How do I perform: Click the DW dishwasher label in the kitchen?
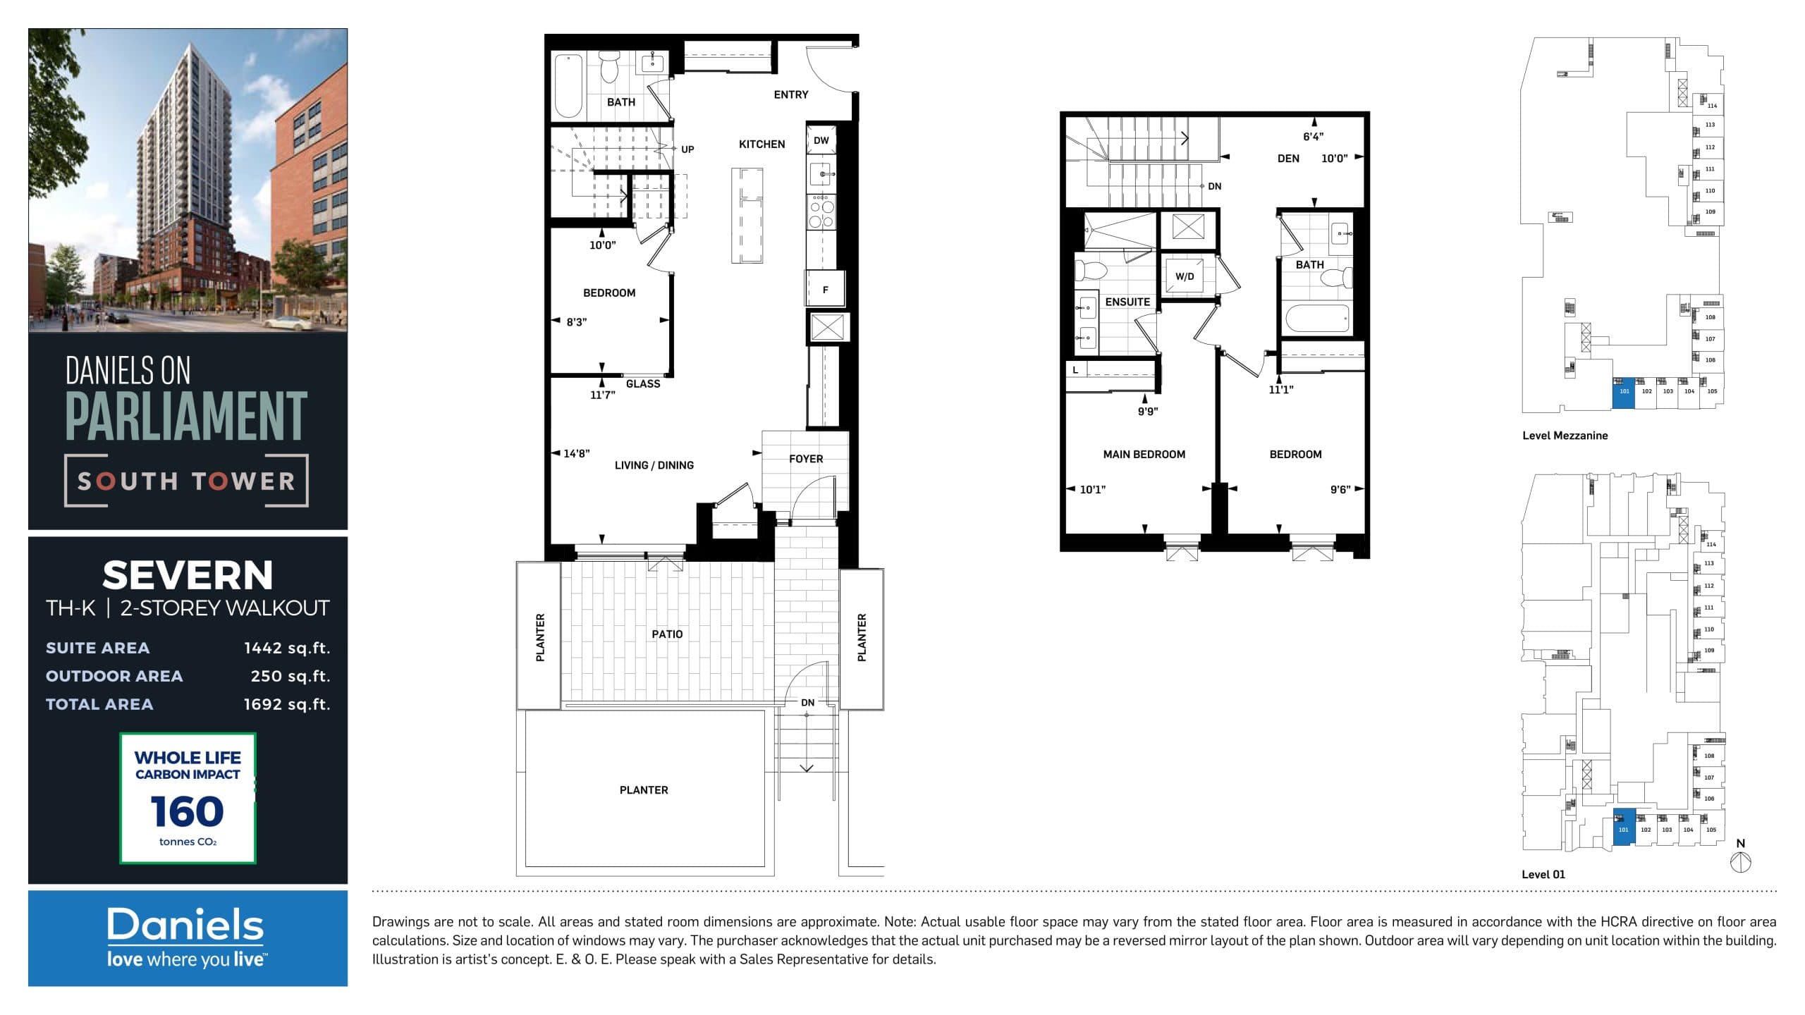tap(821, 140)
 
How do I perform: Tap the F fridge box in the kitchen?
tap(825, 289)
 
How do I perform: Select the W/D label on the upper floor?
tap(1185, 276)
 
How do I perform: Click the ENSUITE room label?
tap(1127, 302)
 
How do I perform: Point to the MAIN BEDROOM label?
tap(1144, 455)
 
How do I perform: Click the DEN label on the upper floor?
tap(1288, 159)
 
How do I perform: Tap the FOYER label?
tap(806, 459)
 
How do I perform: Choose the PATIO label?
tap(667, 634)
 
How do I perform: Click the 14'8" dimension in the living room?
tap(576, 453)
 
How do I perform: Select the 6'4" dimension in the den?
tap(1313, 137)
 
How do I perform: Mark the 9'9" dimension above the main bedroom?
tap(1148, 412)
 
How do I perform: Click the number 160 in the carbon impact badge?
tap(188, 811)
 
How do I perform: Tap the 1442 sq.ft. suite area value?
tap(286, 648)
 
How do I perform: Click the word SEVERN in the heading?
tap(188, 575)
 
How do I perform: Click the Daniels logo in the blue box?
tap(186, 925)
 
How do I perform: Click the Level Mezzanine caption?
tap(1565, 436)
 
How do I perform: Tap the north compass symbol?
tap(1741, 862)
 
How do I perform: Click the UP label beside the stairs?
tap(687, 149)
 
